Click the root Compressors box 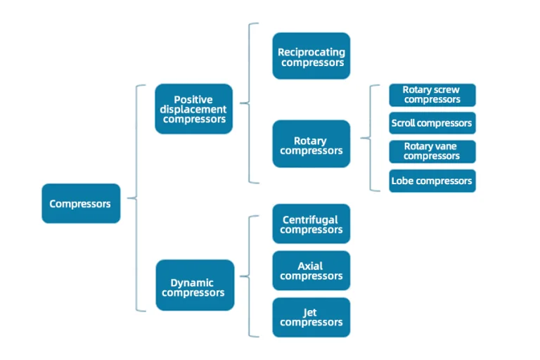pyautogui.click(x=81, y=204)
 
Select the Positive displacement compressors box pyautogui.click(x=194, y=109)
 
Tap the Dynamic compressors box pyautogui.click(x=194, y=285)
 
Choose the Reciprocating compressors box pyautogui.click(x=311, y=56)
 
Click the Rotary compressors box pyautogui.click(x=311, y=144)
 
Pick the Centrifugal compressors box pyautogui.click(x=311, y=224)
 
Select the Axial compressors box pyautogui.click(x=311, y=271)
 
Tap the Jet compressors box pyautogui.click(x=311, y=317)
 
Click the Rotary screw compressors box pyautogui.click(x=432, y=95)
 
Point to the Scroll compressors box pyautogui.click(x=432, y=123)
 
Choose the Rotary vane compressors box pyautogui.click(x=432, y=151)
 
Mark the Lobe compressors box pyautogui.click(x=432, y=181)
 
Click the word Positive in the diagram pyautogui.click(x=193, y=100)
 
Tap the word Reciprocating pyautogui.click(x=311, y=52)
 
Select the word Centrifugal pyautogui.click(x=310, y=220)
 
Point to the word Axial pyautogui.click(x=310, y=266)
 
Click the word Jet pyautogui.click(x=310, y=313)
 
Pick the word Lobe pyautogui.click(x=401, y=181)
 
